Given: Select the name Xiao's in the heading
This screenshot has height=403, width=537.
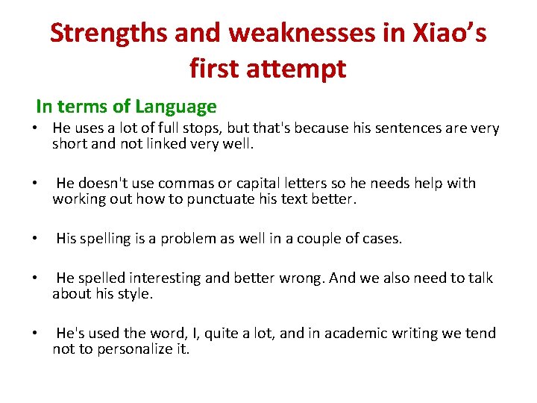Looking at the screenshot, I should pyautogui.click(x=445, y=33).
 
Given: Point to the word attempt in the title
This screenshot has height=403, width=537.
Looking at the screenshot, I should pyautogui.click(x=307, y=68).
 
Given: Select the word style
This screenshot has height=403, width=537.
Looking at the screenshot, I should pyautogui.click(x=136, y=294).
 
